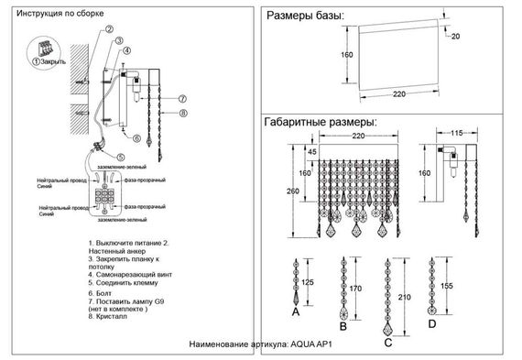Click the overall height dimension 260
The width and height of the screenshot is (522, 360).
[290, 191]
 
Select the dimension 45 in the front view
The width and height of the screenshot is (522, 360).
[311, 151]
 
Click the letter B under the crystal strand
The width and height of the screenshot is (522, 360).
[342, 325]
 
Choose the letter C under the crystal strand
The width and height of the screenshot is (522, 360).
[388, 343]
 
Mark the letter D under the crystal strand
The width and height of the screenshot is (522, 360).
[431, 323]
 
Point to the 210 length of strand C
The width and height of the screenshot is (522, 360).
[404, 298]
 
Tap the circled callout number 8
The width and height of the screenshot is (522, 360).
[183, 114]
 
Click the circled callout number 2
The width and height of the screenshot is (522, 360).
[108, 29]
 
